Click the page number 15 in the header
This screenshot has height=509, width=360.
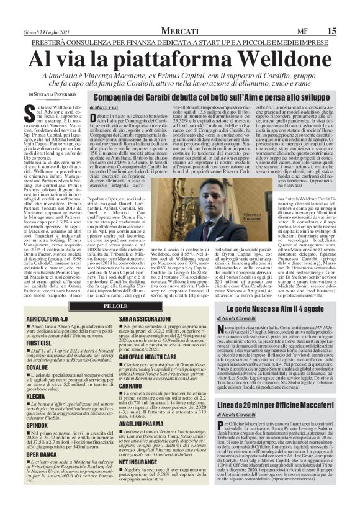[349, 13]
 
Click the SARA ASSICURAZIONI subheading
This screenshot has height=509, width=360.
[146, 318]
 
